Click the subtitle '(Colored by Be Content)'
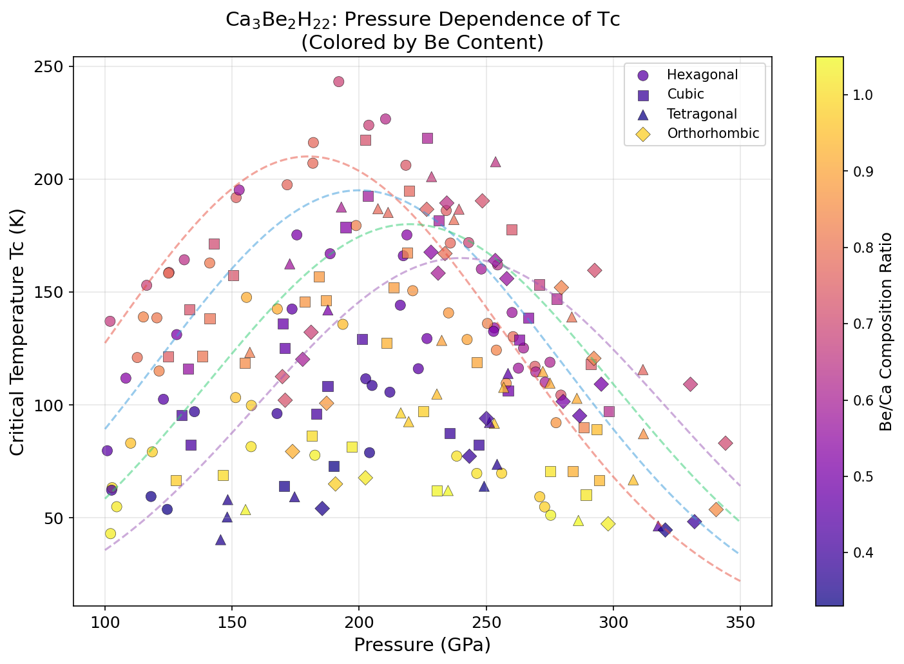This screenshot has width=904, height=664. click(x=422, y=43)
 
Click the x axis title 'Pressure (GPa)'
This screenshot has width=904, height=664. click(x=422, y=645)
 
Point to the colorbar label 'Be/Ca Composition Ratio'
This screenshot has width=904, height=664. click(x=887, y=332)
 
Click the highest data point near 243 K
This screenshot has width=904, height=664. click(x=338, y=82)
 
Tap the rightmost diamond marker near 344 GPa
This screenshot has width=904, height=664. click(x=726, y=443)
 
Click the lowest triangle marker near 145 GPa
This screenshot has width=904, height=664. click(x=220, y=540)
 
